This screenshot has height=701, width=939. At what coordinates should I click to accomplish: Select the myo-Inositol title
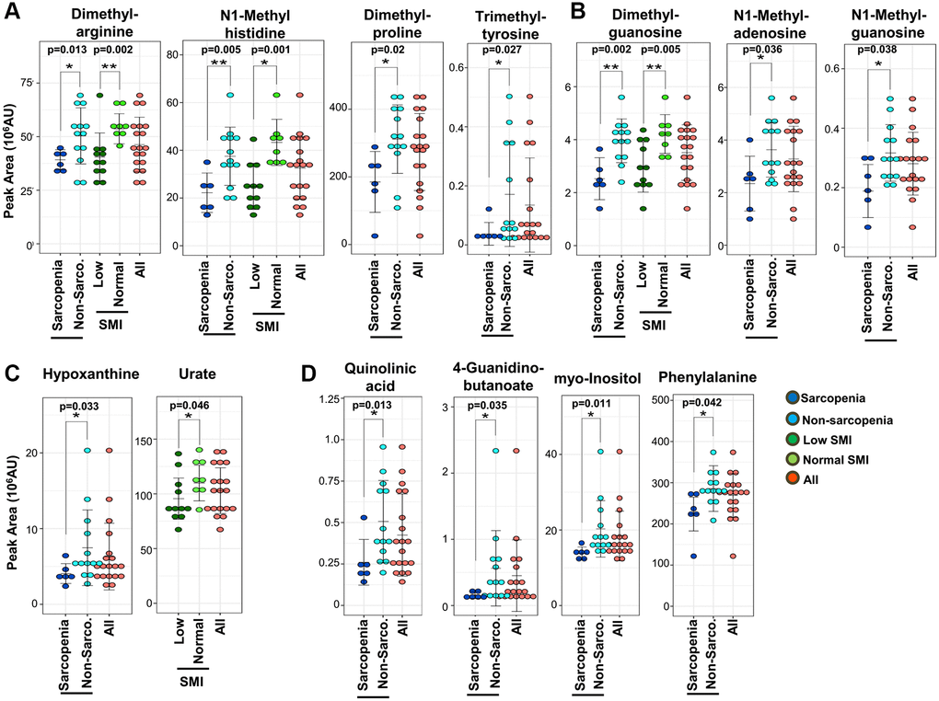tap(599, 377)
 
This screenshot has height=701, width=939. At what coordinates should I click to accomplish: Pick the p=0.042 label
tap(701, 402)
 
